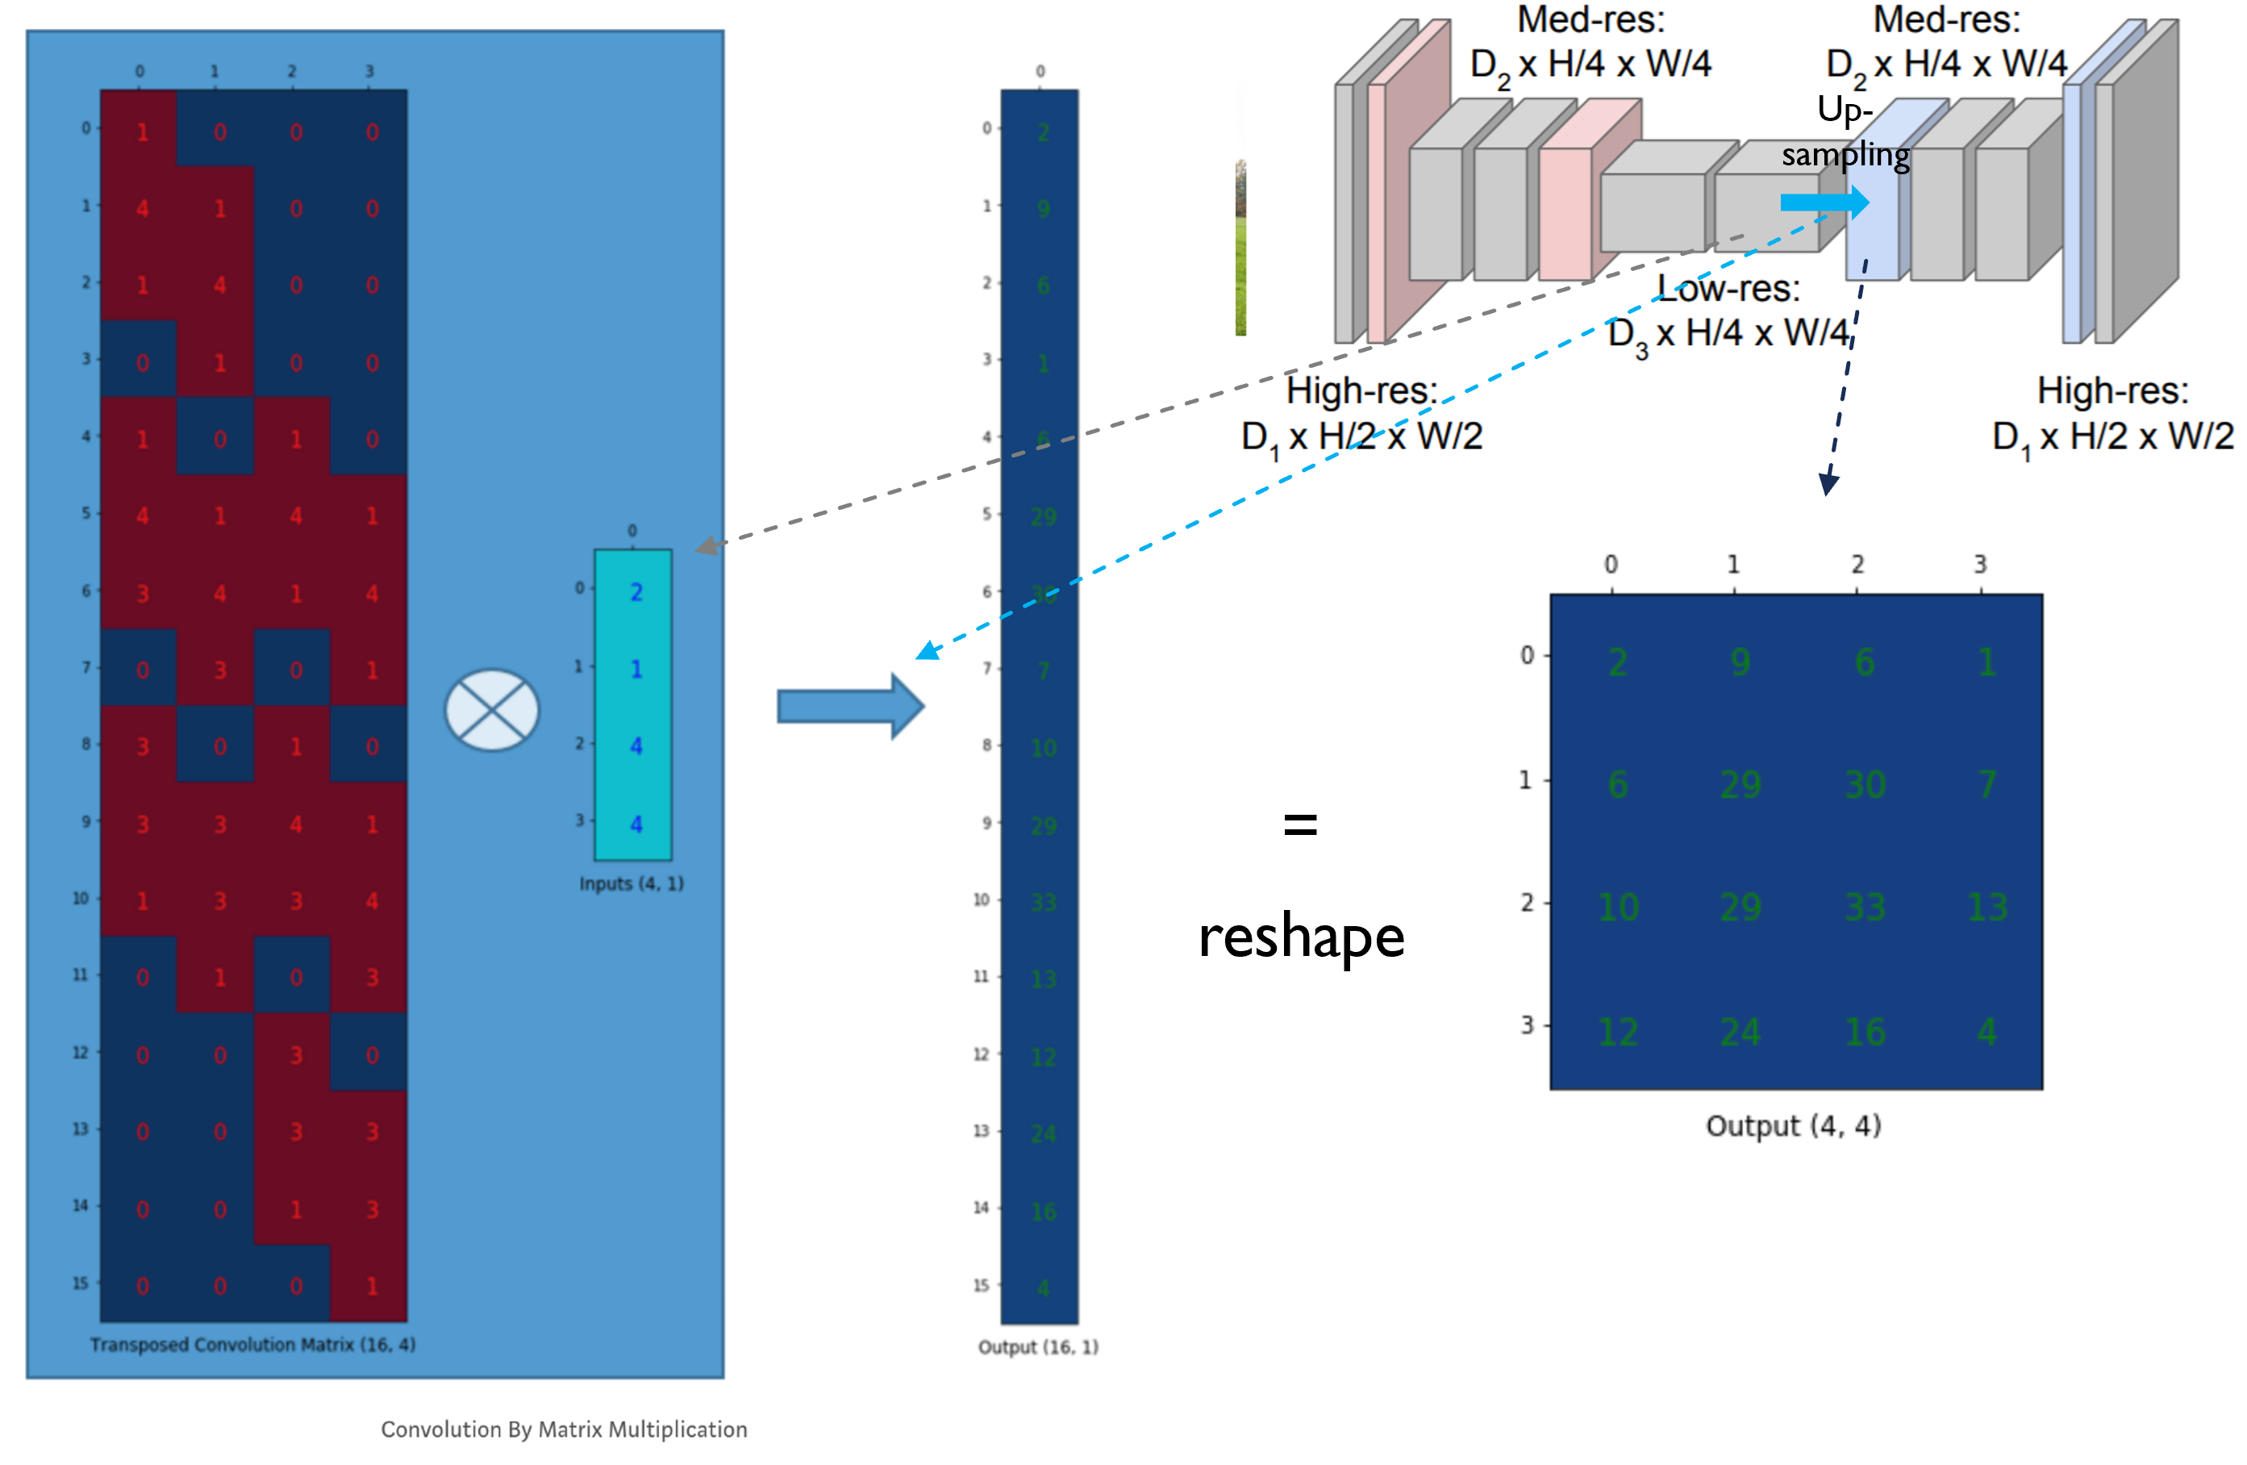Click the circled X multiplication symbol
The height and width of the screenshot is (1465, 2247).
coord(492,710)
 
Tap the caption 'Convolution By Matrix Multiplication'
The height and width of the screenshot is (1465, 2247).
coord(564,1430)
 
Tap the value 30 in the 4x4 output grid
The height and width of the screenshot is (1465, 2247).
coord(1865,784)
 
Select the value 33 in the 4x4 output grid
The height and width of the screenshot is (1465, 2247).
coord(1865,907)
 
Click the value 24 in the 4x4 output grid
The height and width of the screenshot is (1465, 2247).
coord(1740,1032)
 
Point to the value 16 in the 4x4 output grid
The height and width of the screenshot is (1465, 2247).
coord(1865,1032)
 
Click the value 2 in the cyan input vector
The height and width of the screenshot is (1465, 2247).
coord(636,592)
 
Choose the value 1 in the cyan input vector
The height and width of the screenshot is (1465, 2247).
coord(636,670)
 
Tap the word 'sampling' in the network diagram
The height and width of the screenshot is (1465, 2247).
coord(1845,155)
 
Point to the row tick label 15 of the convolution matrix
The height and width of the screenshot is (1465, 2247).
coord(81,1283)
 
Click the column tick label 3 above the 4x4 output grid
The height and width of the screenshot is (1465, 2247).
coord(1980,564)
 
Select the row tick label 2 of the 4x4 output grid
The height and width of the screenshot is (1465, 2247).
coord(1527,903)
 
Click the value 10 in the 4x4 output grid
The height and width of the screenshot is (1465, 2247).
coord(1617,907)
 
